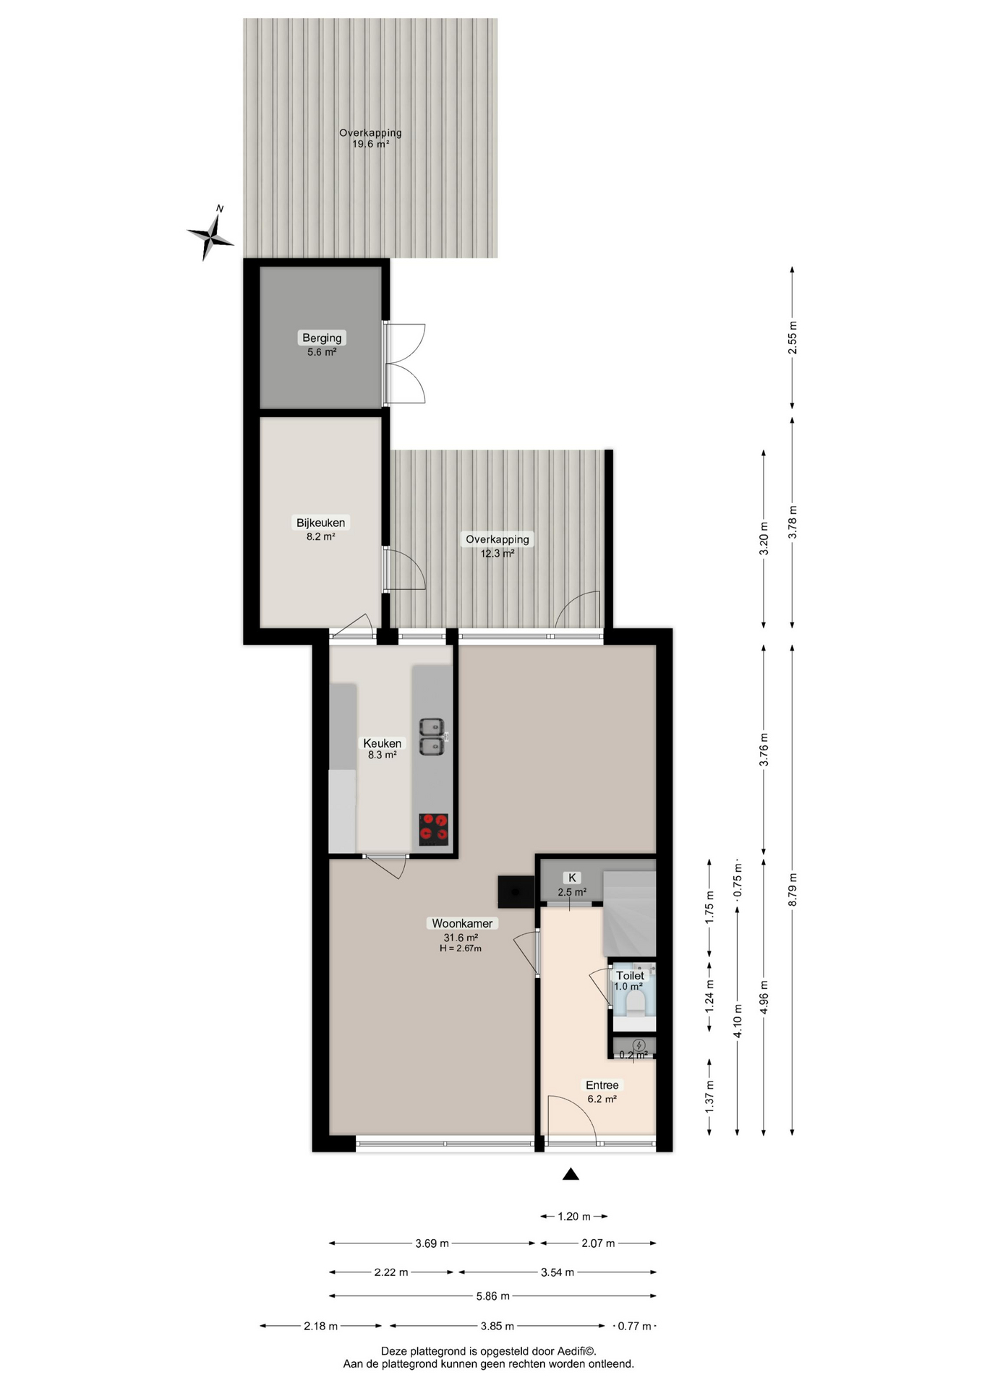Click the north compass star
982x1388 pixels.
210,234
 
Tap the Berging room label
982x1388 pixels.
322,338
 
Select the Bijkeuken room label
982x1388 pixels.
320,523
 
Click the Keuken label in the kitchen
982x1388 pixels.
382,743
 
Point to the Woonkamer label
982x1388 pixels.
462,923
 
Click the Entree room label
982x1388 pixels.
602,1085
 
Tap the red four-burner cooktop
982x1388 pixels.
434,829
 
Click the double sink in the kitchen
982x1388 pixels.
432,737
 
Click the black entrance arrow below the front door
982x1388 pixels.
571,1174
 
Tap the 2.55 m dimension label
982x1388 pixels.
793,338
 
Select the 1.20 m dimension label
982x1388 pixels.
574,1217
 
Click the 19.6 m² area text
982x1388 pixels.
370,144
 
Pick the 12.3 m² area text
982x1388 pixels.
498,553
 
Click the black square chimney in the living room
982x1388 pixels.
516,892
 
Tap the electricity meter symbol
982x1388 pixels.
639,1045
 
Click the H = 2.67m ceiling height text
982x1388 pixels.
460,948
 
